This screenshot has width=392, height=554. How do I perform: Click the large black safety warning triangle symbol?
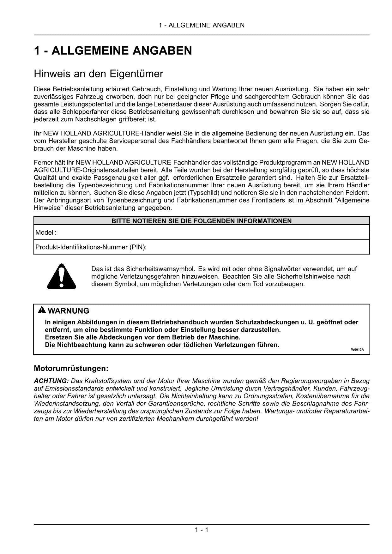coord(62,277)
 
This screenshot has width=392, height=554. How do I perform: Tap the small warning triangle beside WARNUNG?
coord(42,310)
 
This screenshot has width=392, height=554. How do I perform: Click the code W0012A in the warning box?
coord(357,350)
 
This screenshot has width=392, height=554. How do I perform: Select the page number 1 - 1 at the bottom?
coord(202,530)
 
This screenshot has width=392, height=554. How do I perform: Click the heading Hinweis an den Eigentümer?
coord(98,74)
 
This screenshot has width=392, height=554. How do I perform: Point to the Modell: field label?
coord(46,233)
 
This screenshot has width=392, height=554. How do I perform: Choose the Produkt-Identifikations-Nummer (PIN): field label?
coord(91,247)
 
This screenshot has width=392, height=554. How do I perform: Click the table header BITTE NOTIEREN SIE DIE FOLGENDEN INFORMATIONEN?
coord(202,221)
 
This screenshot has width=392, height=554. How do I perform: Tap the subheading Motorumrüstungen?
coord(71,369)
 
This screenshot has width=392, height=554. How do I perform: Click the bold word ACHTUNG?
coord(51,381)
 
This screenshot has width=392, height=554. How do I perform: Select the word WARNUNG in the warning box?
coord(69,311)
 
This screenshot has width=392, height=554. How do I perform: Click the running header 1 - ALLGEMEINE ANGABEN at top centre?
coord(202,25)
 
